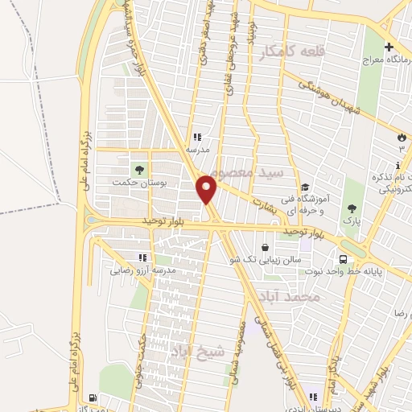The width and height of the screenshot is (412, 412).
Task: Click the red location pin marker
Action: [207, 190]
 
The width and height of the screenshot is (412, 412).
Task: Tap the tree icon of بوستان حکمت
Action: [138, 170]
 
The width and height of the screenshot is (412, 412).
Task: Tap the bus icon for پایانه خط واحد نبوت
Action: [344, 259]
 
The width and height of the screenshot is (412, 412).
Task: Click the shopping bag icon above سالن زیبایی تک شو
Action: [266, 247]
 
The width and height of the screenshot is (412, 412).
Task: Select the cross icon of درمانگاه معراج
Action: [389, 47]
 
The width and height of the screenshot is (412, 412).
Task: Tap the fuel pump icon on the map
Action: [93, 398]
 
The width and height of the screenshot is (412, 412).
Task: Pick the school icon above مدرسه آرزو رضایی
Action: [142, 257]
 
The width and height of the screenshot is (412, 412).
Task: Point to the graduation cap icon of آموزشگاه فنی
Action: [303, 187]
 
